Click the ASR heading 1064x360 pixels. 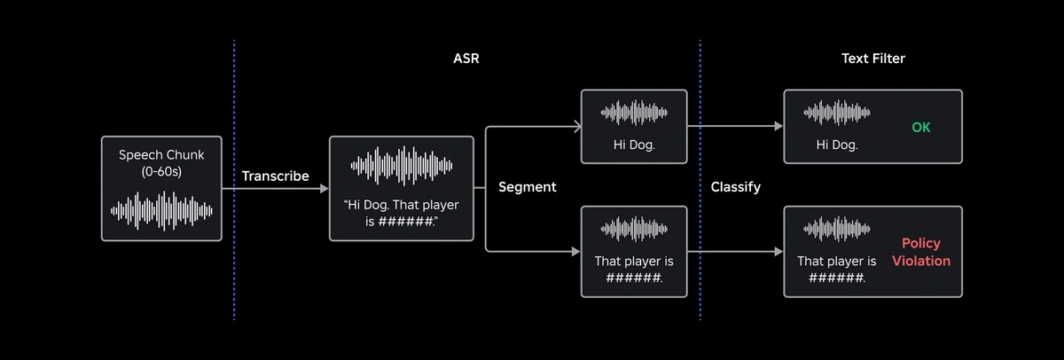[466, 59]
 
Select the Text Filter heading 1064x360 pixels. [873, 59]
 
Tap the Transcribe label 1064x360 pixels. [276, 176]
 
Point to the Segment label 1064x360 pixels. [528, 187]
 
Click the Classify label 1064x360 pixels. [735, 187]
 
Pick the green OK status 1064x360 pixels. [921, 128]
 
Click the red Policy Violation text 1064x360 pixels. [921, 252]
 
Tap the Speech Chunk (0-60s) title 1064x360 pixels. [161, 163]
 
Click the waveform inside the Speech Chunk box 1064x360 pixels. [161, 211]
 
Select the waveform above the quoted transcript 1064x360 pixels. [402, 166]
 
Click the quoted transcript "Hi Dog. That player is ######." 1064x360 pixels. [402, 213]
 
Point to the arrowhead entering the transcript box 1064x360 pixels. [325, 189]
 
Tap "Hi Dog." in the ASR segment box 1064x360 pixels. [634, 145]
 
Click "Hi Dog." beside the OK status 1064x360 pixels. [837, 145]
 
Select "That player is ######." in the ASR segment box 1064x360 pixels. [634, 270]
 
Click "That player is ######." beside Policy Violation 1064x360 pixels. [837, 270]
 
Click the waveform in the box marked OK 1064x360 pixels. [837, 113]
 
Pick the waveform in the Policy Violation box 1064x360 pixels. [837, 229]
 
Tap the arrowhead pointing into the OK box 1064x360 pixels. [779, 126]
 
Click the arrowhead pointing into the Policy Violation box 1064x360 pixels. [779, 251]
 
